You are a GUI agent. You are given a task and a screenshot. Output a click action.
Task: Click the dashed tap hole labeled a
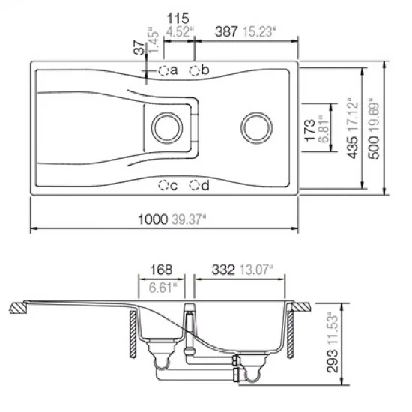163,70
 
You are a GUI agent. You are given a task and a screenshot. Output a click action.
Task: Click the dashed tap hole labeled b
195,70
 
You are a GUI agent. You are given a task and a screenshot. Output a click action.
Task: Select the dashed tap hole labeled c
163,185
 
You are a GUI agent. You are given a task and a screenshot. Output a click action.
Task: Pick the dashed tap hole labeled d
195,185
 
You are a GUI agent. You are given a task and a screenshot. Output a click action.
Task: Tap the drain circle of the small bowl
167,128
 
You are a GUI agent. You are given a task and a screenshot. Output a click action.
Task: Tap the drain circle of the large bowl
256,128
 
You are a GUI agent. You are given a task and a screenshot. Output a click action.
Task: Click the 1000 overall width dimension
153,219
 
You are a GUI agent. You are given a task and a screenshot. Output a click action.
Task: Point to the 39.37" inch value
189,219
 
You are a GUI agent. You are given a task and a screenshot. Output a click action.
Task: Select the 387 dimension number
226,31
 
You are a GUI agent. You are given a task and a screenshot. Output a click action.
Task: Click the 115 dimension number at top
178,19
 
